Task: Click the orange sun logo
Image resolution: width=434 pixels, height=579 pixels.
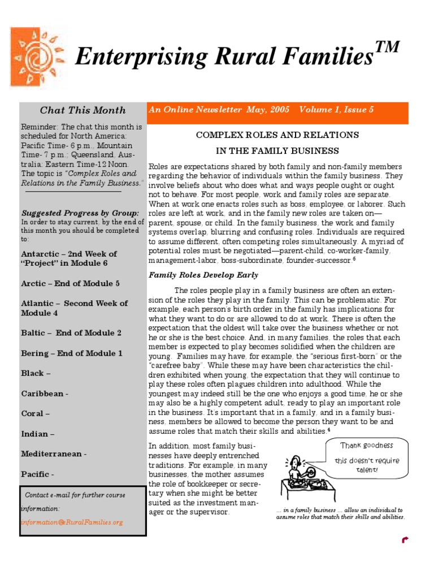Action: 38,57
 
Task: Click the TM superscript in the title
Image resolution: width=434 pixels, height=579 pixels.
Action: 388,48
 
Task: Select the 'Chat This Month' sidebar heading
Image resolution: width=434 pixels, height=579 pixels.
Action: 83,110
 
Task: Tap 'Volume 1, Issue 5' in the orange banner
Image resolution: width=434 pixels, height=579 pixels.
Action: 336,110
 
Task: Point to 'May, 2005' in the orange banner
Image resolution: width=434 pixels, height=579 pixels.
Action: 268,110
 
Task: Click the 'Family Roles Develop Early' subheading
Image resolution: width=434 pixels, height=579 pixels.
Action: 203,275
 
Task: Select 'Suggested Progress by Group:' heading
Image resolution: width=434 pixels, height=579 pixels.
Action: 80,213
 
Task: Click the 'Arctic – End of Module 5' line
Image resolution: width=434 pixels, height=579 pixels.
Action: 71,283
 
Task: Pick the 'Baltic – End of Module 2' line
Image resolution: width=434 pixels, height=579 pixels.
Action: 71,333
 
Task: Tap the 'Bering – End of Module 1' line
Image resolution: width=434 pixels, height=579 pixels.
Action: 72,353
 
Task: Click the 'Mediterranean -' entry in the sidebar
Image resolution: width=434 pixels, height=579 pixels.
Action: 54,453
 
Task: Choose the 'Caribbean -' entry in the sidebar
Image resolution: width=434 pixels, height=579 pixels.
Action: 45,394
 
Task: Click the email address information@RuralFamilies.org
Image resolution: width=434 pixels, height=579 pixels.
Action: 72,522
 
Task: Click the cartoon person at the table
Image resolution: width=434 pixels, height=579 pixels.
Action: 296,470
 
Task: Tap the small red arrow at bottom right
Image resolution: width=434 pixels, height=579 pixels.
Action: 405,540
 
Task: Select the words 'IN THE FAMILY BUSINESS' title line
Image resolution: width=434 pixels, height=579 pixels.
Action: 277,151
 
